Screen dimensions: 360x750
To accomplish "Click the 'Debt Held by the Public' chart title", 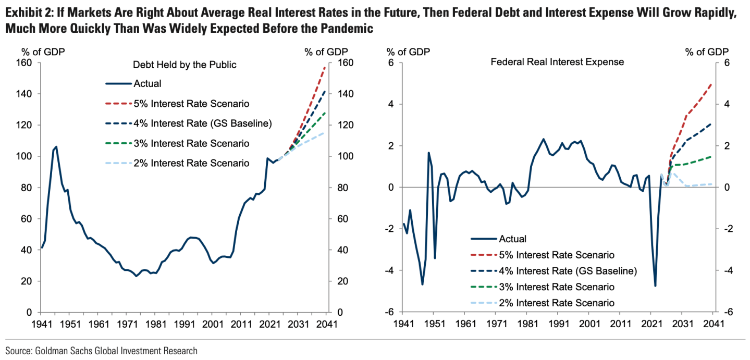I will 185,65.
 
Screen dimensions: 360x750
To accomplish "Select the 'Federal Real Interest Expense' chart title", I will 557,62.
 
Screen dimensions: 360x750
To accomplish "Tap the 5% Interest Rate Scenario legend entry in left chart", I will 191,103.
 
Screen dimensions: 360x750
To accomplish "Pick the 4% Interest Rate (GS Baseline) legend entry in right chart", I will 568,271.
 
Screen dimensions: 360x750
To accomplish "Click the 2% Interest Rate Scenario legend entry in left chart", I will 191,163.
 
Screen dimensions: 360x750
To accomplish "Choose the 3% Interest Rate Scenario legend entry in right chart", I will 557,287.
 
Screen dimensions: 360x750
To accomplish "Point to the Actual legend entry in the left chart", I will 147,83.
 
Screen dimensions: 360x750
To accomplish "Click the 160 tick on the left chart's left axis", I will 26,63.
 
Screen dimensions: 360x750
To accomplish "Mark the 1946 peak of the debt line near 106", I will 56,147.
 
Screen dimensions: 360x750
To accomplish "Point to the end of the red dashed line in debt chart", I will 326,67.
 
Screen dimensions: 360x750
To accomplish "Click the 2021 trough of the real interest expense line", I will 655,285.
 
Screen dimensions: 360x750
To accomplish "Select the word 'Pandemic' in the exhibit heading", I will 342,29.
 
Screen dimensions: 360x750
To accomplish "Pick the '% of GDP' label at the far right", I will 707,52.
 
